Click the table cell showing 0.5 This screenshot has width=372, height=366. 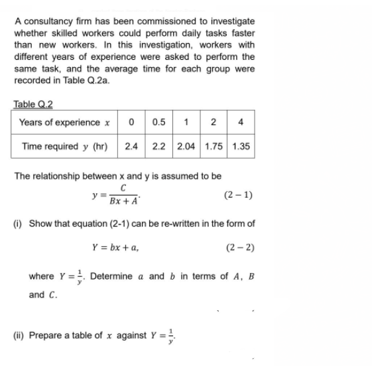(x=159, y=122)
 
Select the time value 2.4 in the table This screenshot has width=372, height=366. (x=131, y=146)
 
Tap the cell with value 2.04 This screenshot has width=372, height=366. (x=187, y=146)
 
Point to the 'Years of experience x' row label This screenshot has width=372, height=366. (x=64, y=122)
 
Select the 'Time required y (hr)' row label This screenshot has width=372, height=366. (x=64, y=146)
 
